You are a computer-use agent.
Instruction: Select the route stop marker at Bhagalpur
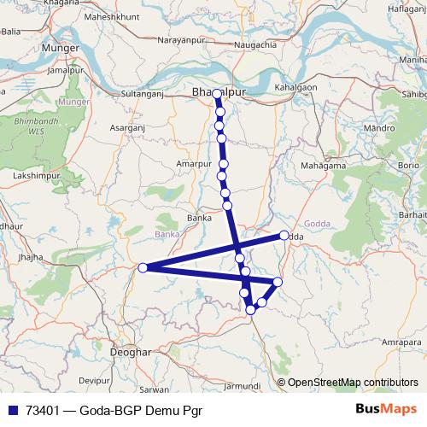click(217, 94)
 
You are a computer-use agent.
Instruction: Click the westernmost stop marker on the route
click(143, 267)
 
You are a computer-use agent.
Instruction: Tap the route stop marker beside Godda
click(284, 235)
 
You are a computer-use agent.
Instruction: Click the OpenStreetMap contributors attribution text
click(352, 382)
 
